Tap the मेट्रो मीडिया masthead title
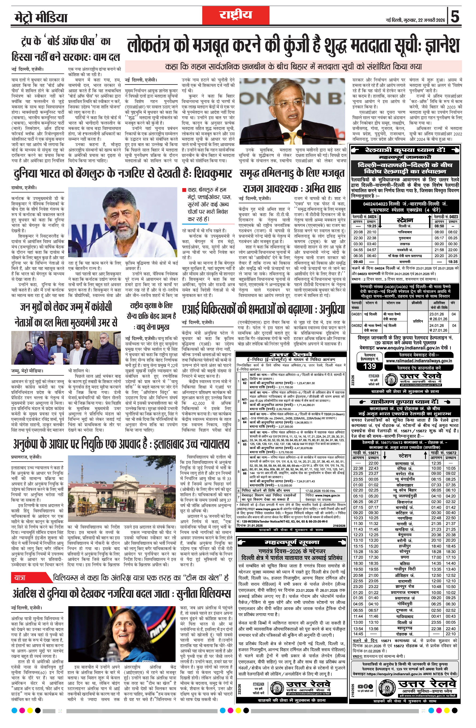pos(40,18)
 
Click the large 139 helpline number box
pos(370,366)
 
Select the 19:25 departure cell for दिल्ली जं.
pos(371,226)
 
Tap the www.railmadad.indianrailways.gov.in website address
pos(419,361)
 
